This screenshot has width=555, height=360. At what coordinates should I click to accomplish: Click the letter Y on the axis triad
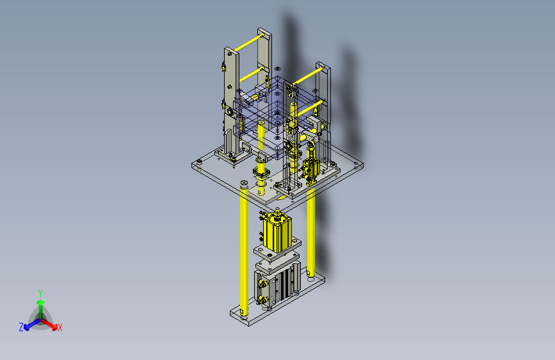(40, 293)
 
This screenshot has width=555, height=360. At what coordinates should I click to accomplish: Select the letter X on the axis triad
(60, 328)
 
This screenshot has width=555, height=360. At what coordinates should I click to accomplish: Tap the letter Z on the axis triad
(21, 327)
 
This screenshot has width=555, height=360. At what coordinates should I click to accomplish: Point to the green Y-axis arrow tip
(41, 302)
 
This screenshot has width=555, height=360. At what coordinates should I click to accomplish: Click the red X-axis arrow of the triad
(49, 324)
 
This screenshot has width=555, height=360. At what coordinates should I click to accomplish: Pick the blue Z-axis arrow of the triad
(32, 324)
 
